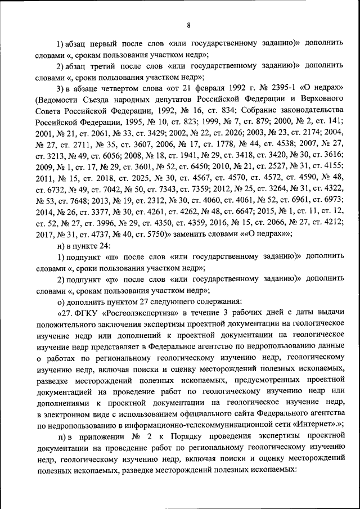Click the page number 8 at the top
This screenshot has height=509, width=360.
pyautogui.click(x=188, y=25)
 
